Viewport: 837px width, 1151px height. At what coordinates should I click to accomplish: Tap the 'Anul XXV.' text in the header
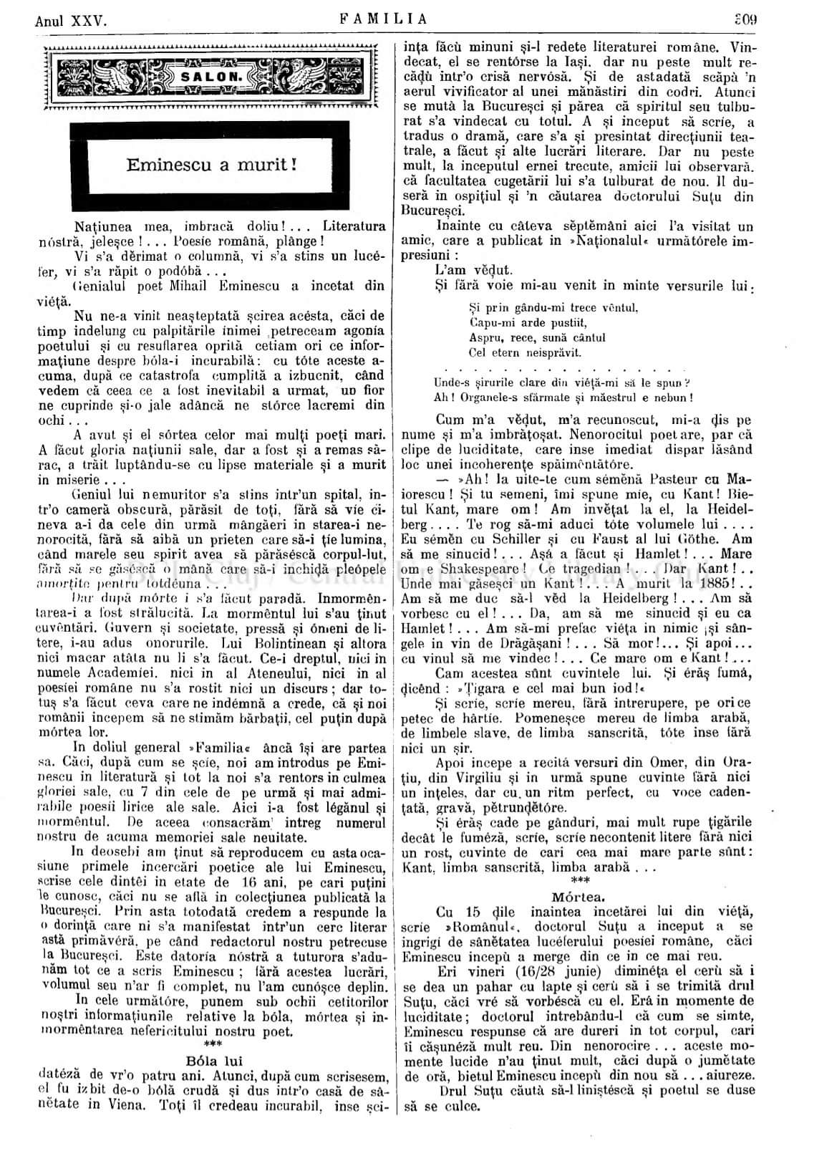71,21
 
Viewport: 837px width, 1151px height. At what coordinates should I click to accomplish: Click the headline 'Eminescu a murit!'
211,164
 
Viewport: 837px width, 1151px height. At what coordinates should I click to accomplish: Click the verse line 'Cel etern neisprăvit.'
524,352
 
